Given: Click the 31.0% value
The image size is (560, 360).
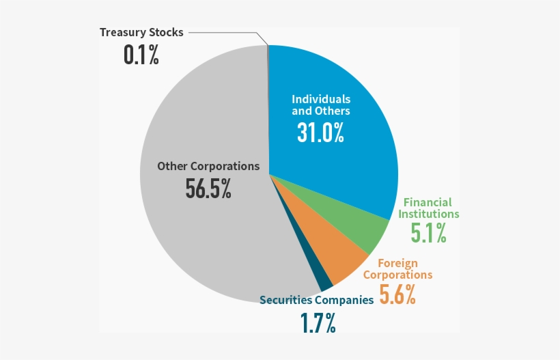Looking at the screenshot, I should [x=320, y=132].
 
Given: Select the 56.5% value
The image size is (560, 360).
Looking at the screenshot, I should [x=208, y=189].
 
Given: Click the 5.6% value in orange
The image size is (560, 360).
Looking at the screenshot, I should [x=397, y=294].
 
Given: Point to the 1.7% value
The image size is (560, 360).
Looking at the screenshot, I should [x=318, y=322].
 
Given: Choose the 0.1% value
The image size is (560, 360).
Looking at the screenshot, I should [x=141, y=55].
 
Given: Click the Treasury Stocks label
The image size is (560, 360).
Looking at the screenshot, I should [x=141, y=32].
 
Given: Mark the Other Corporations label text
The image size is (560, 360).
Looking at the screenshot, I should [x=208, y=166].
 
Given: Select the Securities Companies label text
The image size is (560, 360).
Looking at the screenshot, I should [x=316, y=300].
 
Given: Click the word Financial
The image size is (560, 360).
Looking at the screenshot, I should [x=428, y=202].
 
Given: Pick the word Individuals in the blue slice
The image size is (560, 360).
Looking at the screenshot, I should [x=321, y=99].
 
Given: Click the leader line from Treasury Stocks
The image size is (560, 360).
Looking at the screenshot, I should [x=225, y=32].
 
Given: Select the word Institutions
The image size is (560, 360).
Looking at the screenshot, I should [x=430, y=214].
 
